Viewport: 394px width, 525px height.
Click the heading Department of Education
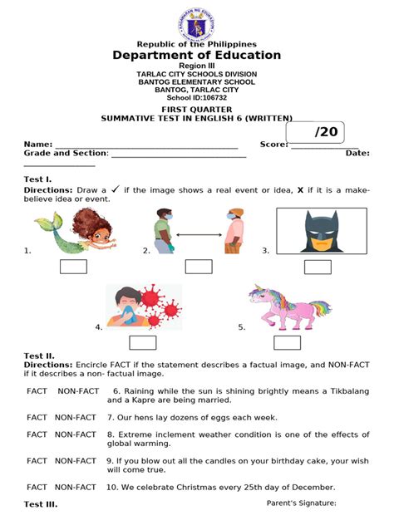click(x=197, y=56)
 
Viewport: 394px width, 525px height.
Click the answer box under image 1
click(x=73, y=267)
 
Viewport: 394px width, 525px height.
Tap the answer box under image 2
click(x=198, y=267)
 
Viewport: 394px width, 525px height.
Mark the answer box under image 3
click(x=317, y=267)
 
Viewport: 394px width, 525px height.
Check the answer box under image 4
click(x=142, y=342)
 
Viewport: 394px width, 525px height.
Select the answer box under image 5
click(x=286, y=342)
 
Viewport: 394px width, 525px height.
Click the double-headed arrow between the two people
click(x=198, y=235)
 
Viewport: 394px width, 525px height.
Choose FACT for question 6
click(x=37, y=390)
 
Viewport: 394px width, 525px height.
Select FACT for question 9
click(x=37, y=460)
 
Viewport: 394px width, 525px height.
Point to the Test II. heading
click(x=39, y=356)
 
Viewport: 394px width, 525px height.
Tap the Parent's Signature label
click(x=301, y=503)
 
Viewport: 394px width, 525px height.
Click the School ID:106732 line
click(x=197, y=97)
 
